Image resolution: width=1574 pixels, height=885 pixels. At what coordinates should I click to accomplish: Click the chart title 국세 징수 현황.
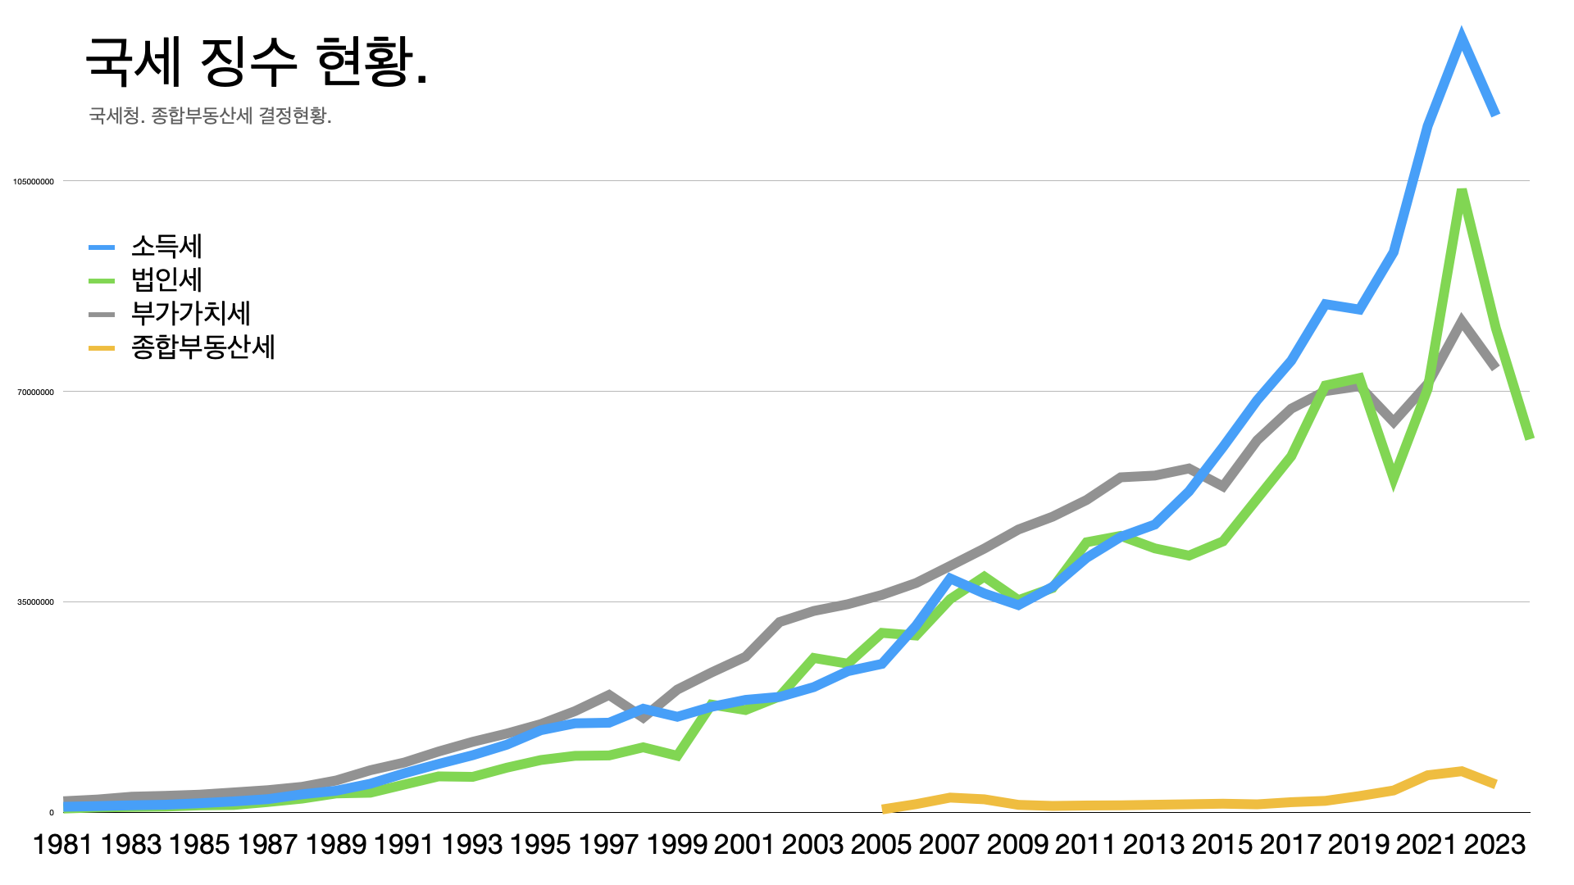coord(256,62)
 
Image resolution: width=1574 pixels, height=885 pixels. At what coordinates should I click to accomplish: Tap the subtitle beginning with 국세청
coord(210,116)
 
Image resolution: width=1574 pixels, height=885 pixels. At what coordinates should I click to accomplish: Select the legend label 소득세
coord(166,246)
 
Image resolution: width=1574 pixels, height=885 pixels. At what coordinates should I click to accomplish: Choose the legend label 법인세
coord(166,279)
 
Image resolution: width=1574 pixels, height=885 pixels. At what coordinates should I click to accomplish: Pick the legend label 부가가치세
coord(190,313)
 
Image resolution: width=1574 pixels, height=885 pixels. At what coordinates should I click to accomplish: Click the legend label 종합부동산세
coord(202,347)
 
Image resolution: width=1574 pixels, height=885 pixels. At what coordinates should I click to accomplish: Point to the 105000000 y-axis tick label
coord(34,181)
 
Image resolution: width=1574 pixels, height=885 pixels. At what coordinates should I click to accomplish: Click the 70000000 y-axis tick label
coord(36,392)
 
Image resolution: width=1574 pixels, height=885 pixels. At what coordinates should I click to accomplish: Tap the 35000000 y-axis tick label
coord(36,602)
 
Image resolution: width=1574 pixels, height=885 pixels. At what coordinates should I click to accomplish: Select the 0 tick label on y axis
coord(52,813)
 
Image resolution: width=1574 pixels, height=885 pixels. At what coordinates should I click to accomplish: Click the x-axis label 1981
coord(62,844)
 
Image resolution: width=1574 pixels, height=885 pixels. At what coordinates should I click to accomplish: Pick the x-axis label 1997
coord(608,844)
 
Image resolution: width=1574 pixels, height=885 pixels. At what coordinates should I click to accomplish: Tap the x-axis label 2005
coord(881,844)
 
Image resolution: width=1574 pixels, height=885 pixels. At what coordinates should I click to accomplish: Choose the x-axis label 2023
coord(1494,844)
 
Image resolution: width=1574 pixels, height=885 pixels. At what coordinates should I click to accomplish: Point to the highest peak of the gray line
coord(1461,321)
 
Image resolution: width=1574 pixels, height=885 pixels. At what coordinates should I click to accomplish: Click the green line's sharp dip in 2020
coord(1393,478)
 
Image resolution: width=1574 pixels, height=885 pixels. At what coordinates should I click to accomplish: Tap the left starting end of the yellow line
coord(884,809)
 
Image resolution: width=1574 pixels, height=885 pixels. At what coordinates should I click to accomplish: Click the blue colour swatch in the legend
coord(102,247)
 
